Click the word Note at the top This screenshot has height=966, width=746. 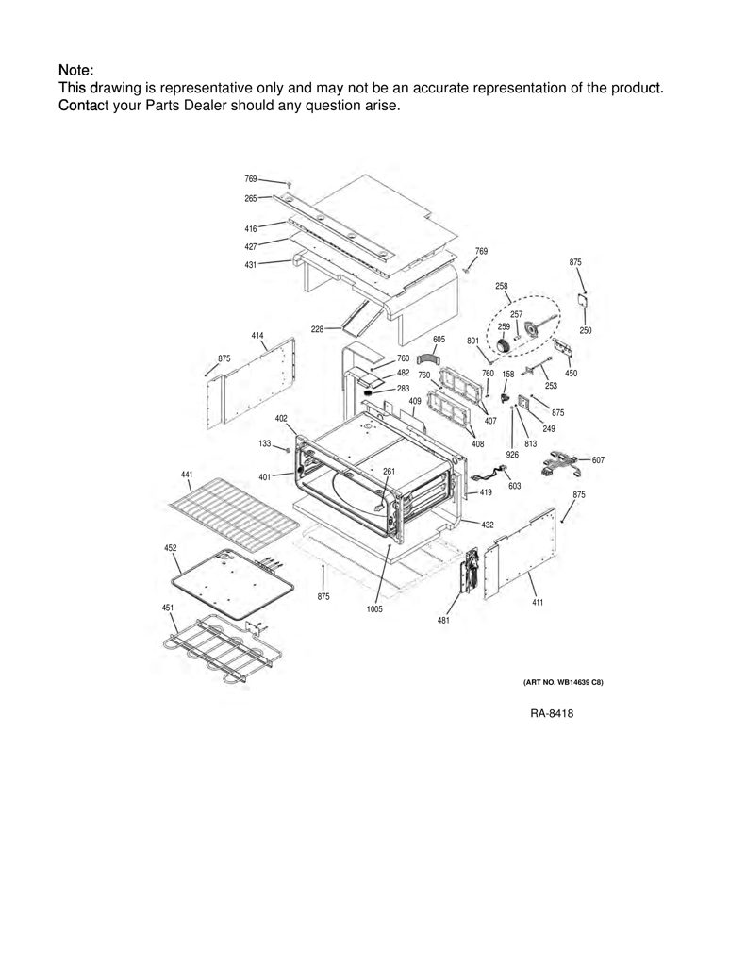click(74, 70)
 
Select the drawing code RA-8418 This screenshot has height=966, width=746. click(552, 713)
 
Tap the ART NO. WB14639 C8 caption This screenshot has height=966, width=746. click(563, 682)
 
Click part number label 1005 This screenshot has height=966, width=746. click(374, 608)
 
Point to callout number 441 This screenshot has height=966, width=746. click(187, 475)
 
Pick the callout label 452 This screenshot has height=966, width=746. click(171, 548)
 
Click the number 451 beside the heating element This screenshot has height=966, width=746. click(168, 608)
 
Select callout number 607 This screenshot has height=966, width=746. click(598, 460)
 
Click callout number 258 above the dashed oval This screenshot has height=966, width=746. click(502, 286)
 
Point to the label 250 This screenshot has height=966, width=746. click(586, 330)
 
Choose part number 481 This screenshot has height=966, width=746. click(443, 621)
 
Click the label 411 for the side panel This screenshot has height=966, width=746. click(538, 602)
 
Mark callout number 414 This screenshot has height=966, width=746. click(257, 336)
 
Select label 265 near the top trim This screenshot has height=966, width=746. click(251, 198)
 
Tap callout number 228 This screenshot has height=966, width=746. click(317, 329)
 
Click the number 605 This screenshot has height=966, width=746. click(439, 340)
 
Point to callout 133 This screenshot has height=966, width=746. click(265, 443)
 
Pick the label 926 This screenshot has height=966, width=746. click(512, 455)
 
